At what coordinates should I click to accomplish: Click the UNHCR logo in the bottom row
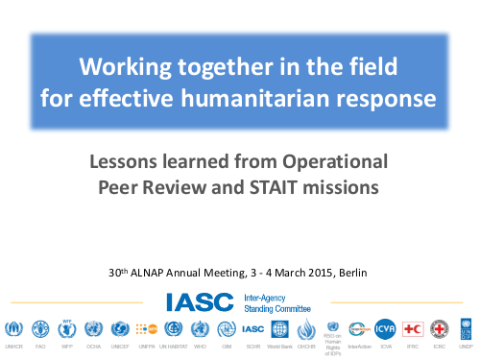click(x=14, y=328)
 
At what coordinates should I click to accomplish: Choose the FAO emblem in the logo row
click(x=40, y=328)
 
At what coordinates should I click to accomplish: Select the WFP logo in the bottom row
click(x=67, y=327)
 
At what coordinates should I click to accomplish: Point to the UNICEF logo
click(x=120, y=328)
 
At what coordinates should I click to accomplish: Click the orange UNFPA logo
click(x=147, y=328)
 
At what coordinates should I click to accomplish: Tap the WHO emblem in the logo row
click(x=201, y=328)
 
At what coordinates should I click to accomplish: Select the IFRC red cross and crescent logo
click(x=413, y=328)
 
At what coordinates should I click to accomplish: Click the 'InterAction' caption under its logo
click(x=360, y=345)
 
